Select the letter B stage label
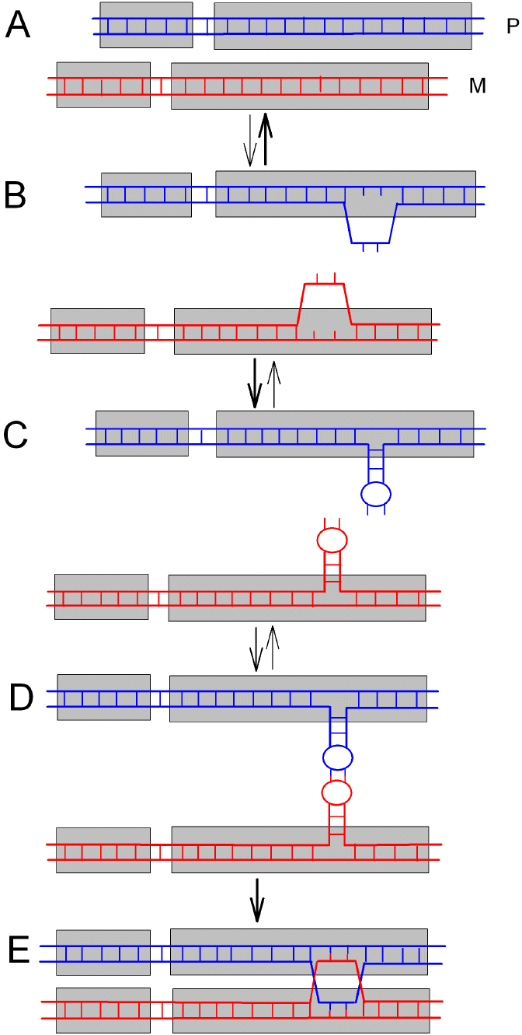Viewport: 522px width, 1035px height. coord(16,195)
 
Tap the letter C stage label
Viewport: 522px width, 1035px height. coord(16,436)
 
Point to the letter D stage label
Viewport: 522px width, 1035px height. coord(21,698)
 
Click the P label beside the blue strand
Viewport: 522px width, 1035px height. coord(511,27)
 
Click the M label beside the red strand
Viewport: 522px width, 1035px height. coord(477,86)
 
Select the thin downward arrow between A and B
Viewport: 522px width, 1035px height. coord(249,141)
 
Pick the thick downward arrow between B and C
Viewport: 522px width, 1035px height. coord(255,384)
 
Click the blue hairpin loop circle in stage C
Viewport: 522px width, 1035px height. coord(375,493)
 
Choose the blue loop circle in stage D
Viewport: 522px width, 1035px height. coord(338,756)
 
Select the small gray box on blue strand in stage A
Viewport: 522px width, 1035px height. coord(146,25)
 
